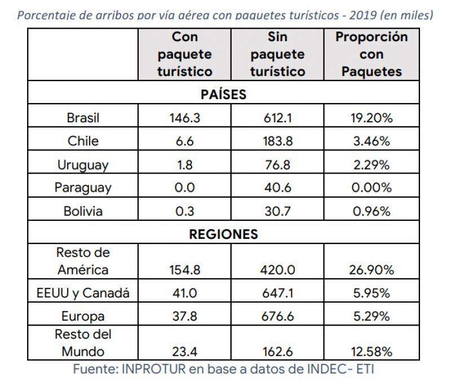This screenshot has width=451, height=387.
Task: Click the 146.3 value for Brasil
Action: coord(184,118)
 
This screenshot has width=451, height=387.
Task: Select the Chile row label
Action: coord(83,141)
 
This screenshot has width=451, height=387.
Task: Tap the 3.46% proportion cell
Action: coord(372,141)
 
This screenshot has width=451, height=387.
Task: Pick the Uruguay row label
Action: coord(83,165)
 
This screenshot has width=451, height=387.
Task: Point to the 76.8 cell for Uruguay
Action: coord(278,165)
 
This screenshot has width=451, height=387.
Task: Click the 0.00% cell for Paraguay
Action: coord(372,188)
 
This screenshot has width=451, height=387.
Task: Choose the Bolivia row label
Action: coord(83,212)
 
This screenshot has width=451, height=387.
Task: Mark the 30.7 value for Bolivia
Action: coord(278,212)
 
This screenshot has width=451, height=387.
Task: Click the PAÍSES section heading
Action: coord(223,95)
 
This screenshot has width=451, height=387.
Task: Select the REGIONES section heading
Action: coord(223,234)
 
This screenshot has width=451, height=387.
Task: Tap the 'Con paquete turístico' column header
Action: coord(184,54)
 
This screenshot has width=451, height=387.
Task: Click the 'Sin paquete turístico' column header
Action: coord(278,54)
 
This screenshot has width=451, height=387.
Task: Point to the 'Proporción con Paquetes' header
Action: coord(372,54)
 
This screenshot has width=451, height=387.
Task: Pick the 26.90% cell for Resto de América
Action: coord(372,270)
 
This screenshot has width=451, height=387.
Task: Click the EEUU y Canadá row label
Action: coord(83,293)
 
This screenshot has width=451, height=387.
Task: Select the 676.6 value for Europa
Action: coord(278,317)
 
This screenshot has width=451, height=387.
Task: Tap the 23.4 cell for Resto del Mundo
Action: coord(184,352)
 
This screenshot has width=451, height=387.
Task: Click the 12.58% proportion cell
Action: coord(372,352)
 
